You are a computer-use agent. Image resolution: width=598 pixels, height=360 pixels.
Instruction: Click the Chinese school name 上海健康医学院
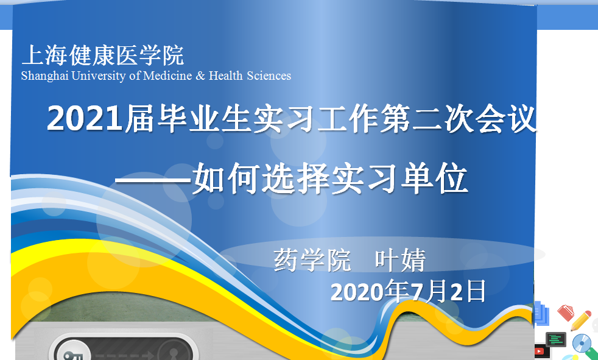(103, 55)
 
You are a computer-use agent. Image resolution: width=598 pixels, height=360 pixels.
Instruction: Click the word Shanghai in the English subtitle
(44, 76)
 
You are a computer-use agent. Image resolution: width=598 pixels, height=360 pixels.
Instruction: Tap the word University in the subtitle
(99, 76)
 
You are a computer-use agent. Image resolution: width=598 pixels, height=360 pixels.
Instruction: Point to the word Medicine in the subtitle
(167, 76)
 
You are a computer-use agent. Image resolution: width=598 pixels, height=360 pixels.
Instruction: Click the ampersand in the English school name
(200, 76)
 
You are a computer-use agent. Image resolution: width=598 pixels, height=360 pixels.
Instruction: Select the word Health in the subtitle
(226, 76)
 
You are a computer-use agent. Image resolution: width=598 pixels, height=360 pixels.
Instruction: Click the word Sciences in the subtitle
(269, 76)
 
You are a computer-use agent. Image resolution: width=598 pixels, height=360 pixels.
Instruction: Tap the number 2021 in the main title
(85, 119)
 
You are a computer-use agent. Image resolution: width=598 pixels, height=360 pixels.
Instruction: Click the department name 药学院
(312, 260)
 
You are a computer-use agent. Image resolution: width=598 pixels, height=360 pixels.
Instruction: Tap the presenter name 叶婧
(400, 260)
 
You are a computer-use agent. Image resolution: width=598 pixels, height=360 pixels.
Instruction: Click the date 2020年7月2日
(408, 291)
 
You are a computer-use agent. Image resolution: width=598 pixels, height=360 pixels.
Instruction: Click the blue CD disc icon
(582, 343)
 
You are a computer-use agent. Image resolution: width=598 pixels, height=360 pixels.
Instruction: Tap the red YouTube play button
(540, 351)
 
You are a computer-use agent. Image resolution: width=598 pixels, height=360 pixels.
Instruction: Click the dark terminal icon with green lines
(556, 339)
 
